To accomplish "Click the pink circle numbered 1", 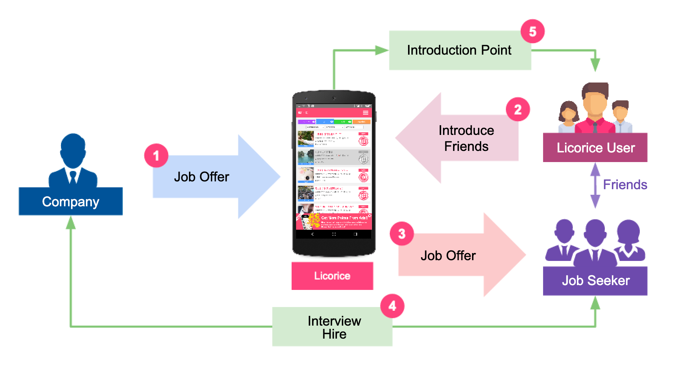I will pos(156,155).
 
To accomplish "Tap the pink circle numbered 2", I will pos(518,110).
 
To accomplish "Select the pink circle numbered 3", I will pos(402,234).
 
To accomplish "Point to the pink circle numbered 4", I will pos(392,306).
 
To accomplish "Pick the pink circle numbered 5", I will pos(532,31).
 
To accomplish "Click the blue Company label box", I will pos(71,201).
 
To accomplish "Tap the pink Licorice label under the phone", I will pos(332,276).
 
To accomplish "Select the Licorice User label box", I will pos(595,148).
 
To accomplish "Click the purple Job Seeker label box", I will pos(595,281).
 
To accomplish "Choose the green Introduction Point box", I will pos(459,50).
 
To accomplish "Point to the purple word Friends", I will pos(625,185).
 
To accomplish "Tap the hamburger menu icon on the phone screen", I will pos(366,112).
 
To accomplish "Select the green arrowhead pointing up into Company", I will pos(71,222).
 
